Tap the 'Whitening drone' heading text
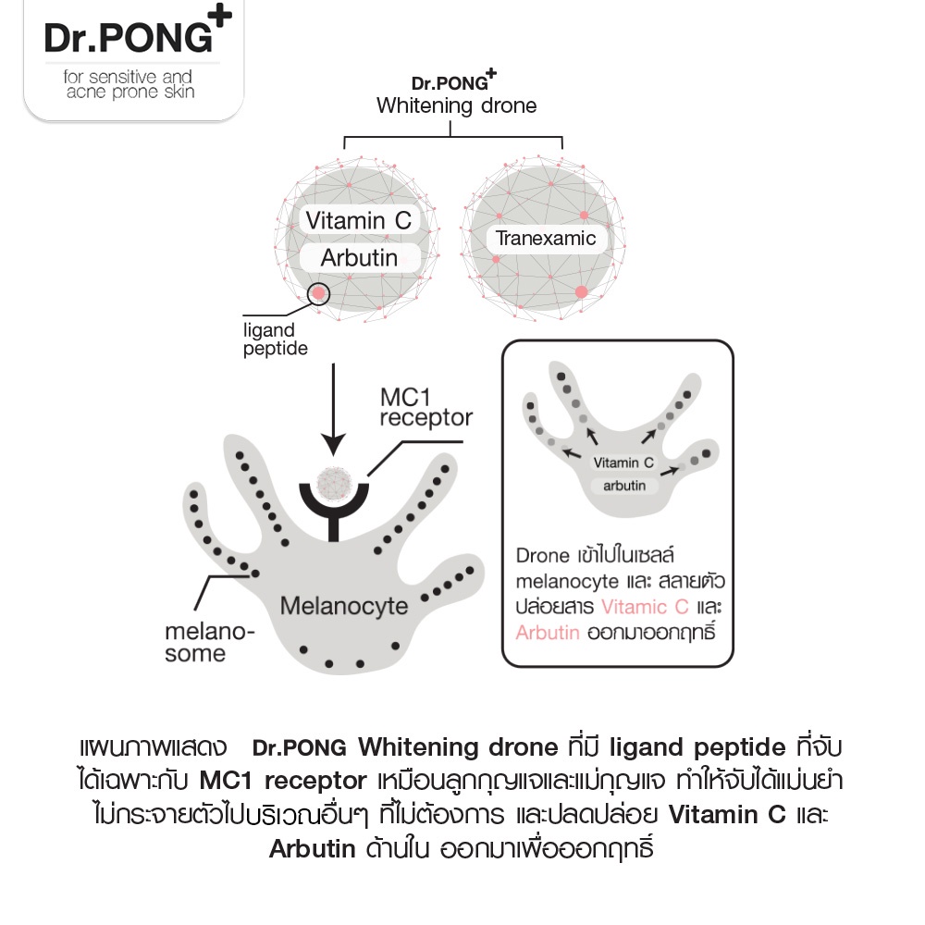click(456, 105)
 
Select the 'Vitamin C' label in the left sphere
click(358, 221)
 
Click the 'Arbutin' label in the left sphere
click(358, 257)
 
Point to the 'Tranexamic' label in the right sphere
click(546, 239)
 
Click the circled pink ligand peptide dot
click(318, 293)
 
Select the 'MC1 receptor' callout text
click(425, 407)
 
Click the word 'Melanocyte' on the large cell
click(343, 607)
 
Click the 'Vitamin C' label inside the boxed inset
click(623, 462)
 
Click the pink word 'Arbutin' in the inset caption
click(548, 633)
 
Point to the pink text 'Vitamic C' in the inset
click(644, 607)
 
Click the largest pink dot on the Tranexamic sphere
click(582, 293)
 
